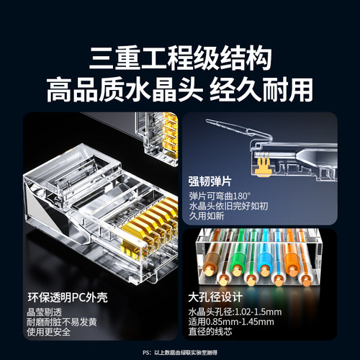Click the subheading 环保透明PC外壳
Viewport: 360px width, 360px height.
[68, 296]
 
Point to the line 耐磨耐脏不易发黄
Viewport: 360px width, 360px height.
[63, 323]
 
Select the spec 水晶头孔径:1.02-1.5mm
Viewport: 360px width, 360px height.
[242, 311]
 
